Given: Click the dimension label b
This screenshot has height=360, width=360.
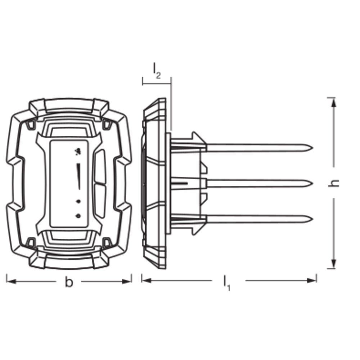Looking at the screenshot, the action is pos(69,282).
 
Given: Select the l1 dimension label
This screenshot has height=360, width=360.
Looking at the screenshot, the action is pos(227,283).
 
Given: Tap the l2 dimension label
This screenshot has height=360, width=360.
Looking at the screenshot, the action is pos(157,71).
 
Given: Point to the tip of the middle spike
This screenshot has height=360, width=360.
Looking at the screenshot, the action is pos(312,184).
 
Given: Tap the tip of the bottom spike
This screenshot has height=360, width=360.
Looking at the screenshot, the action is pos(312,219).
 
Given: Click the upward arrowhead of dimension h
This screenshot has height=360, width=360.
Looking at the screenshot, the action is pos(334,102).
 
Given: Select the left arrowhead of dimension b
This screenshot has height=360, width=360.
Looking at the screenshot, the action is pos(11,281).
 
